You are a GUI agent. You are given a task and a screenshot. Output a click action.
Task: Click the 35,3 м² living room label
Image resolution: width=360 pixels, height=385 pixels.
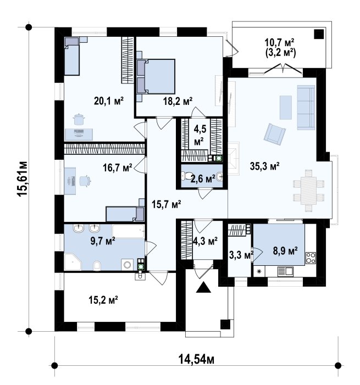(x=265, y=166)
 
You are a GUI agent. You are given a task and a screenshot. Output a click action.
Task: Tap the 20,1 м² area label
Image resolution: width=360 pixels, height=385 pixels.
(x=109, y=101)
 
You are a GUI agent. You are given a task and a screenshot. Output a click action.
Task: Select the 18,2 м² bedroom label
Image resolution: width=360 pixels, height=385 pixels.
(x=178, y=101)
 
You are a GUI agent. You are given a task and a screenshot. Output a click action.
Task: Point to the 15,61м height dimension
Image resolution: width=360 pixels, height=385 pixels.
(x=22, y=178)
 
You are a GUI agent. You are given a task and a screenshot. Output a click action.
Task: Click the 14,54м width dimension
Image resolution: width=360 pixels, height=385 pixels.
(x=196, y=360)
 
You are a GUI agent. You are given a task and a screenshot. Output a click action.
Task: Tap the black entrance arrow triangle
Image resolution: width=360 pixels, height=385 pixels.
(x=203, y=287)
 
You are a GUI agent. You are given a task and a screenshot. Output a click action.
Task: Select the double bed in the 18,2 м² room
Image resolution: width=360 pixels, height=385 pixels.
(x=156, y=76)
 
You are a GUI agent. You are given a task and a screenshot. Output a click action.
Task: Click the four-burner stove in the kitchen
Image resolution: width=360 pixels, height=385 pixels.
(x=311, y=258)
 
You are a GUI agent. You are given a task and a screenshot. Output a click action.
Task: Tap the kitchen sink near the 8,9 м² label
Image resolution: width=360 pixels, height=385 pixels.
(x=285, y=271)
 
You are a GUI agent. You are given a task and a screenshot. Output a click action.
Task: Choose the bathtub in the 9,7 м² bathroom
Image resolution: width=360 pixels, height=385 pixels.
(x=128, y=232)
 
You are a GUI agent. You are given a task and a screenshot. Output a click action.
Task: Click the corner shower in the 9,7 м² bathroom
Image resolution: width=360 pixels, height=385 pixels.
(x=73, y=262)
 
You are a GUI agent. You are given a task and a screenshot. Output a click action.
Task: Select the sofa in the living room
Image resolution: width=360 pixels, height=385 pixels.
(x=306, y=107)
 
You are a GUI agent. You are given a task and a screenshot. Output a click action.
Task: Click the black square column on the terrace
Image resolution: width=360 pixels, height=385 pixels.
(x=319, y=34)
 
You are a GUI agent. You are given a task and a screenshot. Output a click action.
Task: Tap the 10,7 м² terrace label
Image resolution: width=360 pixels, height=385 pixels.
(x=279, y=43)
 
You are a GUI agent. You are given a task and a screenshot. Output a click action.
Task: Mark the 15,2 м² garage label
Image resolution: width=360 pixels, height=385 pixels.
(x=103, y=300)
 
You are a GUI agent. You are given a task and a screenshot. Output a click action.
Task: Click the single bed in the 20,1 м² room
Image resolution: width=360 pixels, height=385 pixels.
(x=72, y=56)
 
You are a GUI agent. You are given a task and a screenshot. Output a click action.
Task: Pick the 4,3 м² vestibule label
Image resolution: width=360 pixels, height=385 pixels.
(x=205, y=241)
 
